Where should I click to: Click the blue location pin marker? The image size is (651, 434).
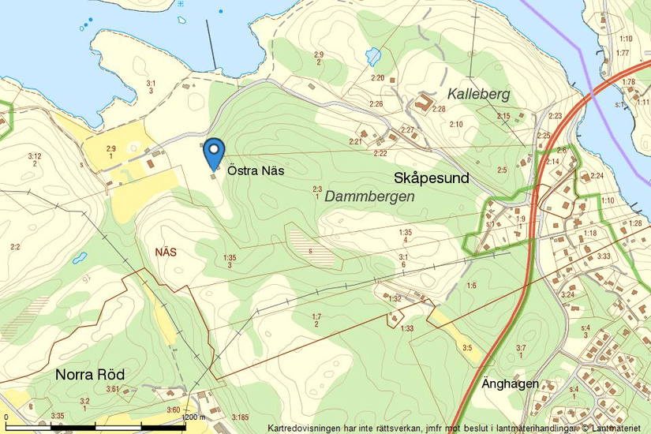(214, 152)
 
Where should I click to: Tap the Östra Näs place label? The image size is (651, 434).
(256, 170)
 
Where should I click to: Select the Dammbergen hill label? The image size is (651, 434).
(369, 196)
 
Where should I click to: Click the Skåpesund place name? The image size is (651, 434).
(431, 178)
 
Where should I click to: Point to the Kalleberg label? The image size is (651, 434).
(478, 94)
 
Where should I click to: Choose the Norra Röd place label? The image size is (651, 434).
(89, 374)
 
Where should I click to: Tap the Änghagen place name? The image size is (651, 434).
(510, 384)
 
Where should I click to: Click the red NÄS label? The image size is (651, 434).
(166, 253)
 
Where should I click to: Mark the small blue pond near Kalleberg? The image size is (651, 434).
(373, 56)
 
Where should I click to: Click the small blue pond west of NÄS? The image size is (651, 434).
(80, 258)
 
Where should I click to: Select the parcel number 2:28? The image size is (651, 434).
(438, 108)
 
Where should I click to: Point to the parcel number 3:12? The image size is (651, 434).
(34, 155)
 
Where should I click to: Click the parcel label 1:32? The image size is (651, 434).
(395, 298)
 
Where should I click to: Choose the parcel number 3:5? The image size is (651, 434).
(467, 347)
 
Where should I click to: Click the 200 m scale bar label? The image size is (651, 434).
(194, 417)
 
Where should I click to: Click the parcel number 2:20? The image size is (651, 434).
(377, 78)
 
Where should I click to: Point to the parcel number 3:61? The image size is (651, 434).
(112, 389)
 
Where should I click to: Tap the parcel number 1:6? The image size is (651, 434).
(471, 285)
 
